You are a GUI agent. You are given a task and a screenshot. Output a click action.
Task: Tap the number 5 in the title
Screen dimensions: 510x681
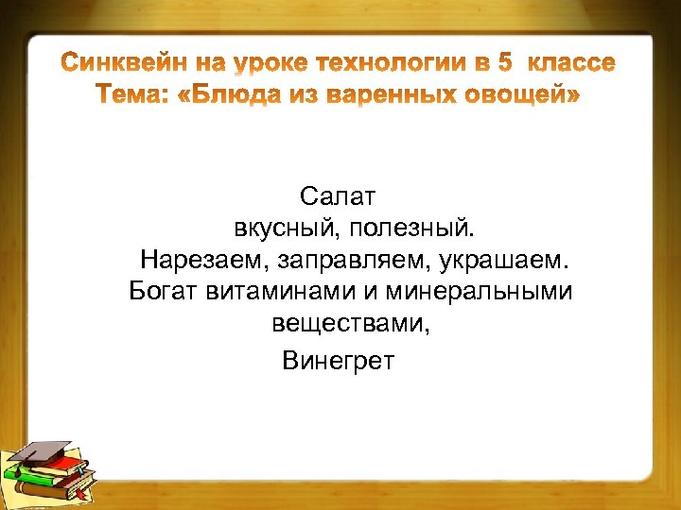click(505, 64)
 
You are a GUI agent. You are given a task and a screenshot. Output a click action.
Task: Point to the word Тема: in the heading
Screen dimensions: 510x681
click(132, 96)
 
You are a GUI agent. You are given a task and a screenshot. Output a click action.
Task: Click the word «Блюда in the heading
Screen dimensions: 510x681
click(225, 96)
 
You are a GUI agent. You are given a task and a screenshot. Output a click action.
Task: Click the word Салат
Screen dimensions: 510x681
click(338, 196)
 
